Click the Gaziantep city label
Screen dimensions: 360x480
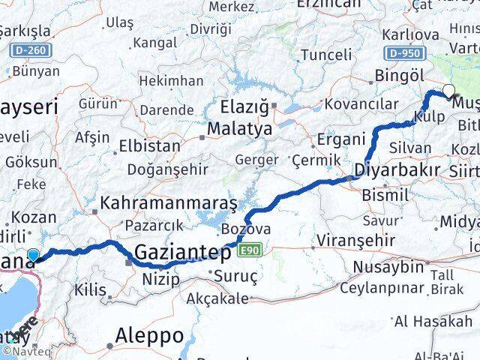click(x=182, y=253)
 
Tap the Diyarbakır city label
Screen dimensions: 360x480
click(x=397, y=170)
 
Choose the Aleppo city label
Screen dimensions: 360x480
click(x=150, y=334)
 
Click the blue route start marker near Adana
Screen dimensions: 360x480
click(x=33, y=256)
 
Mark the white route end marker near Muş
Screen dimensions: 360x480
click(x=448, y=91)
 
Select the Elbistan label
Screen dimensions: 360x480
click(x=150, y=145)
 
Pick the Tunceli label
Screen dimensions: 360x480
click(x=325, y=54)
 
